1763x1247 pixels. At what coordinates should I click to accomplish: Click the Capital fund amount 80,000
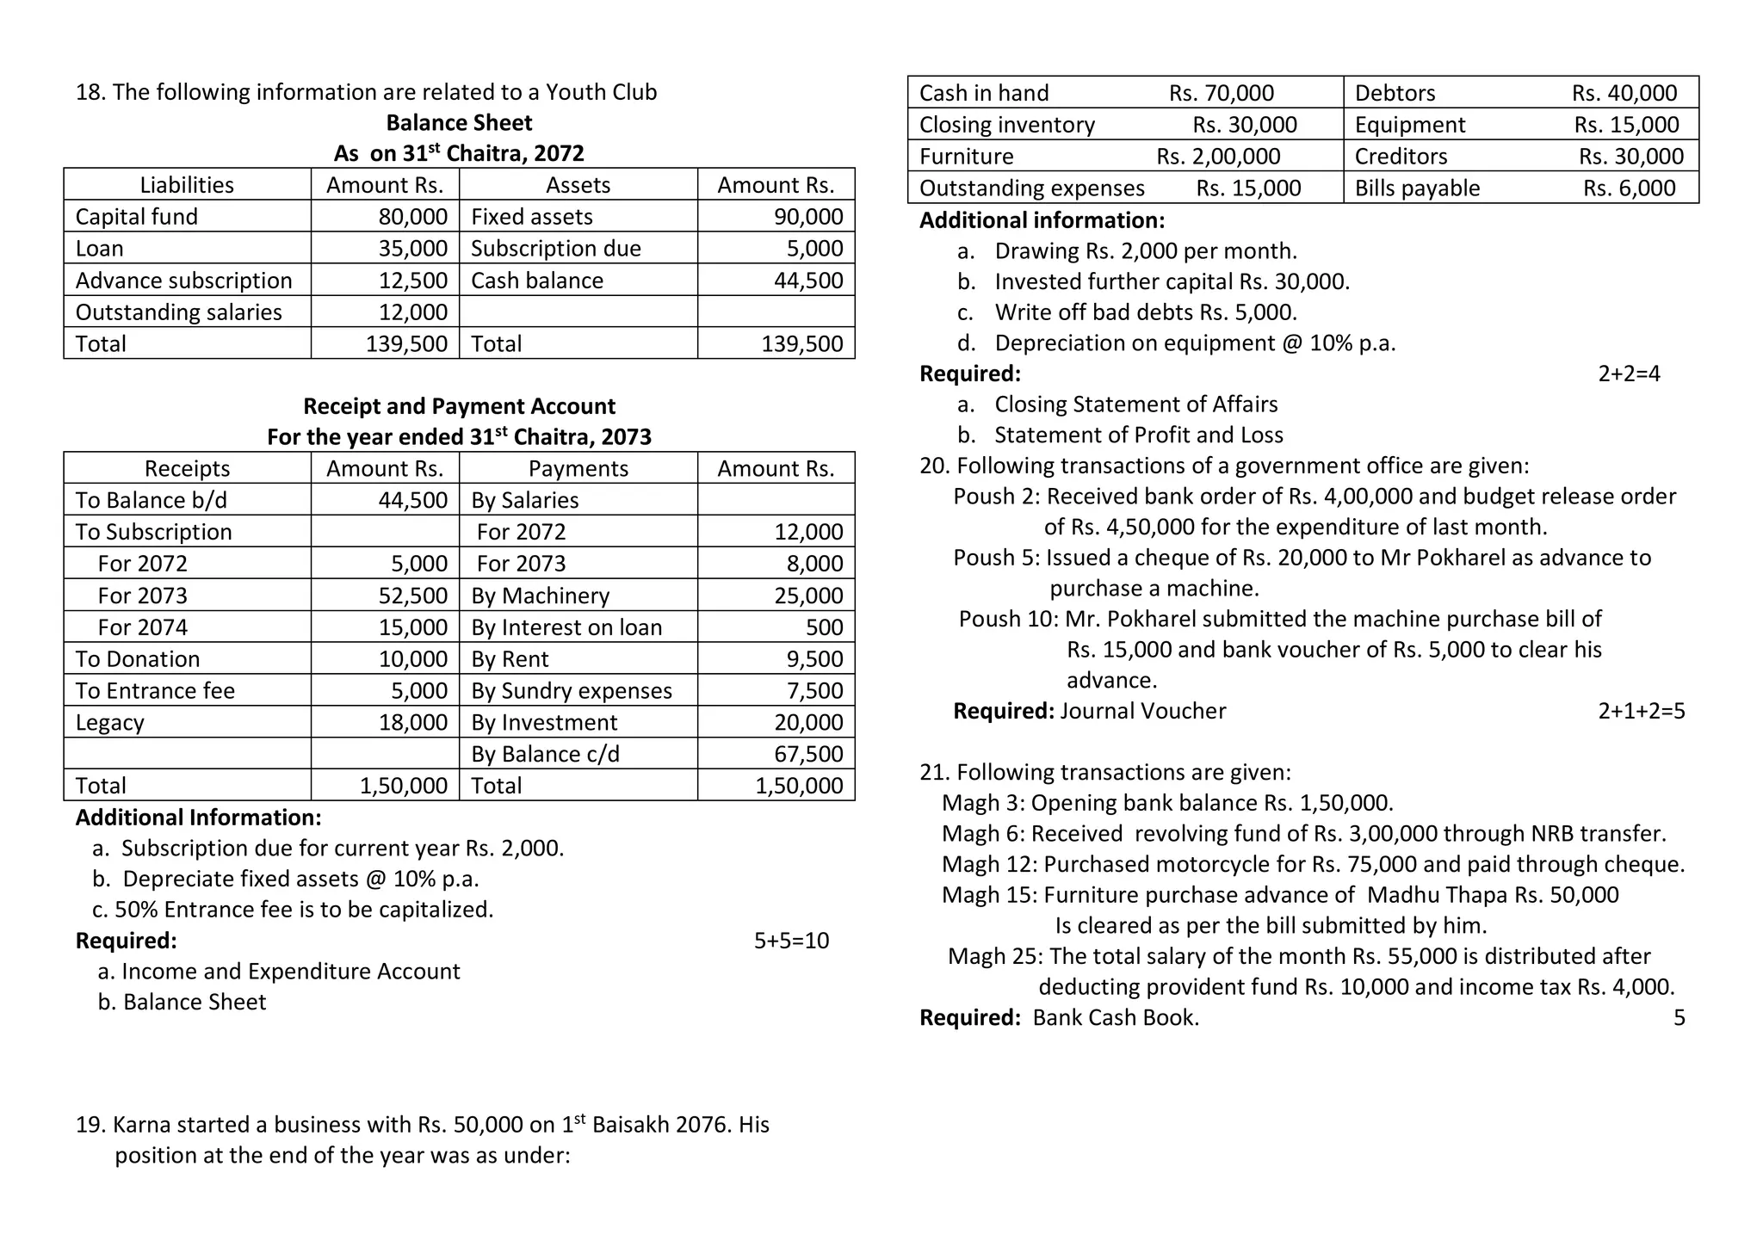(x=412, y=217)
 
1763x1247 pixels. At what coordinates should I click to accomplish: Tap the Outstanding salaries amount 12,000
(x=412, y=312)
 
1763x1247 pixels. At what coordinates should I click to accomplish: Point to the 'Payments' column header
(x=578, y=469)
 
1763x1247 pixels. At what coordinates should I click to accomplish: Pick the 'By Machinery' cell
(x=540, y=596)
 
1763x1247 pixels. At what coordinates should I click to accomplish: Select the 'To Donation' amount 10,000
(x=412, y=659)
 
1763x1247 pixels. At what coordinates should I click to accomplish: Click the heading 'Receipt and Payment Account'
(x=459, y=406)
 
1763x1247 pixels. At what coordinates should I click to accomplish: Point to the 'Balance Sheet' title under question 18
(x=459, y=123)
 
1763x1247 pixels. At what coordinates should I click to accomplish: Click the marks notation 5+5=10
(x=791, y=941)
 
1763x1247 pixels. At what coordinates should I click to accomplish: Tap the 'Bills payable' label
(x=1417, y=188)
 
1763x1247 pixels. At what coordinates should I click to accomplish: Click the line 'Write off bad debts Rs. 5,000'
(x=1145, y=312)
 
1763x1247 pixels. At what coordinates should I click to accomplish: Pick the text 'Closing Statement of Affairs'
(x=1135, y=404)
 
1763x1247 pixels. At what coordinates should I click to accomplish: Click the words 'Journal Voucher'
(x=1142, y=711)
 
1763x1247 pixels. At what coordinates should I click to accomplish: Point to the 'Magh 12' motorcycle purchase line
(x=1313, y=864)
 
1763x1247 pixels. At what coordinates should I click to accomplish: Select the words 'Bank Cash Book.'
(x=1115, y=1018)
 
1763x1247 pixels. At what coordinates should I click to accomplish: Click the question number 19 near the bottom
(x=90, y=1126)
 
